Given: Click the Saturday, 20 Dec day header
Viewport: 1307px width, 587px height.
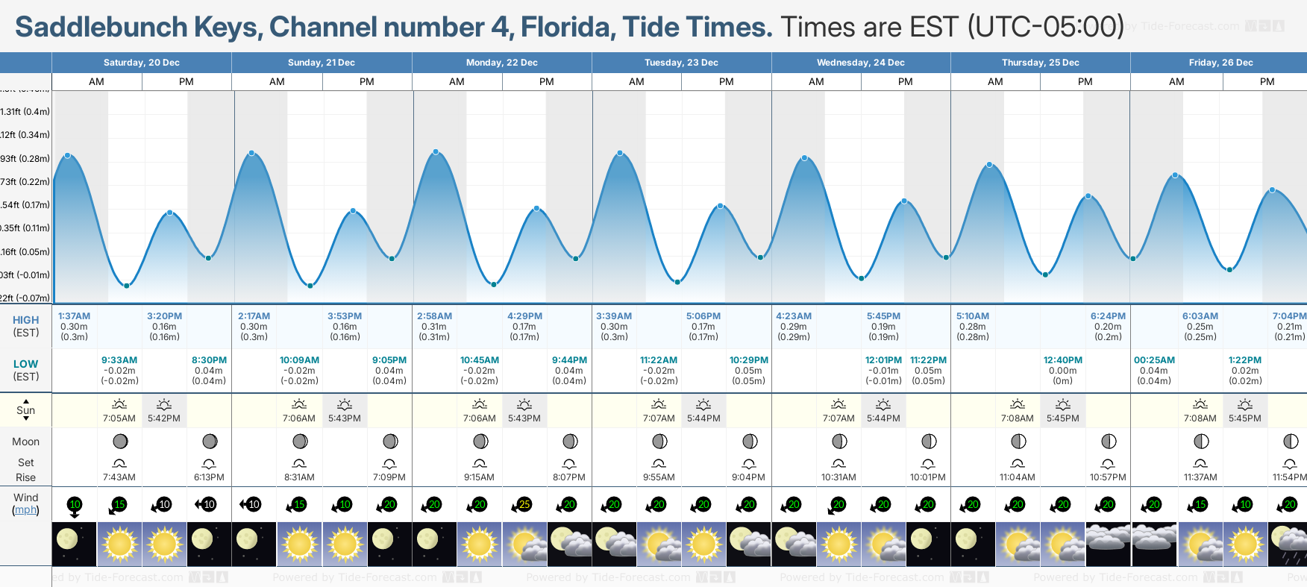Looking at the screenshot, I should coord(141,63).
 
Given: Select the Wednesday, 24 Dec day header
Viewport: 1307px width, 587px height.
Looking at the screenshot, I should coord(860,63).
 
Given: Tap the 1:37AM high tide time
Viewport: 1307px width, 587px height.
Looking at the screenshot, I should coord(74,316).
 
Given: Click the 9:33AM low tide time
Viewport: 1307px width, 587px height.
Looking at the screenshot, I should coord(119,360).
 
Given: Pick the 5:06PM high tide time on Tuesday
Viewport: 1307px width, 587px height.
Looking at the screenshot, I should coord(703,316).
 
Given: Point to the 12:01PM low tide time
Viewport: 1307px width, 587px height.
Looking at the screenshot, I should coord(883,360).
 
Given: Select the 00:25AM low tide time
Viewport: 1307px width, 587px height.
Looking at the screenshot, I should coord(1154,360).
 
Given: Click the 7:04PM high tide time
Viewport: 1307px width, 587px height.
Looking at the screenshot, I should coord(1288,316).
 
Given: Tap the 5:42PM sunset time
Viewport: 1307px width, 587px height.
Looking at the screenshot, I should coord(164,418).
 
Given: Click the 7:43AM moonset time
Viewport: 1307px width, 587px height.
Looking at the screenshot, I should coord(119,477).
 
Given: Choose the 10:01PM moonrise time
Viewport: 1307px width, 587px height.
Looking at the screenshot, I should coord(927,477).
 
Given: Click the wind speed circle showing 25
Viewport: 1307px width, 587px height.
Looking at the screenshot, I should coord(524,505).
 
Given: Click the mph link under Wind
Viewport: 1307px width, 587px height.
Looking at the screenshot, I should coord(26,510).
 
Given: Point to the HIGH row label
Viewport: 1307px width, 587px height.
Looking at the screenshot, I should coord(26,320).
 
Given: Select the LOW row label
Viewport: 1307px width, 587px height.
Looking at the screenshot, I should coord(26,364).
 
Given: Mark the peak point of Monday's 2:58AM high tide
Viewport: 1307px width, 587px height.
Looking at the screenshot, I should coord(436,152).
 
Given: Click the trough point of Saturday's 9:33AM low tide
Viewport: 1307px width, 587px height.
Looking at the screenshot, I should coord(127,286).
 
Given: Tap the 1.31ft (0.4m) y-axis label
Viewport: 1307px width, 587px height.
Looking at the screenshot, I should coord(25,112).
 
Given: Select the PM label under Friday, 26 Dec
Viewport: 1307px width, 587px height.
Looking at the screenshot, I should coord(1267,82).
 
